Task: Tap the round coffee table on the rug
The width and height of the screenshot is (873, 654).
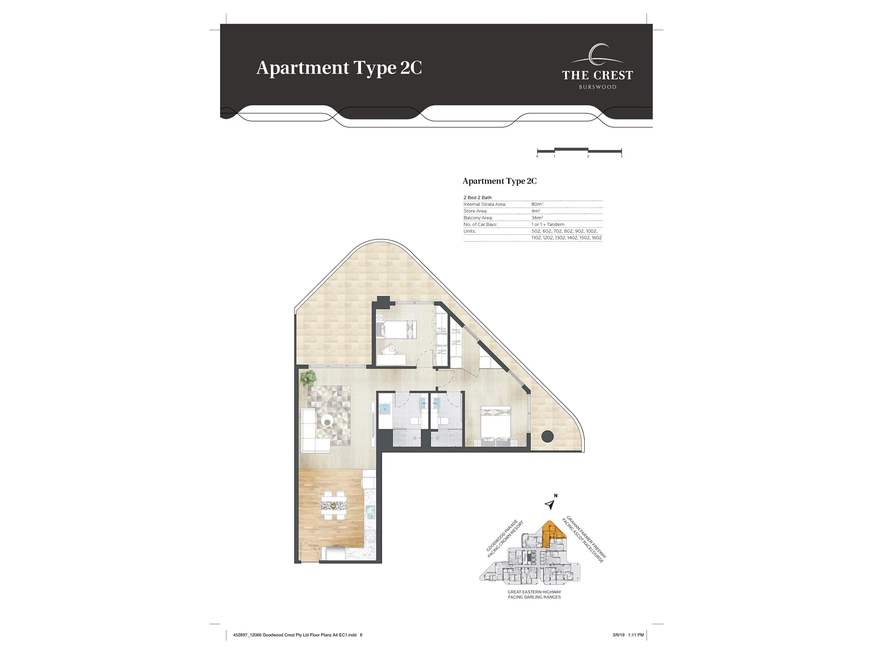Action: click(x=327, y=421)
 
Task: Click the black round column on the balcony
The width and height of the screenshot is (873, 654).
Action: click(x=547, y=436)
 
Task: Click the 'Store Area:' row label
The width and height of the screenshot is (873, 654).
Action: click(x=475, y=211)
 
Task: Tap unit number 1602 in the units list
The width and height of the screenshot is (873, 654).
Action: click(x=597, y=238)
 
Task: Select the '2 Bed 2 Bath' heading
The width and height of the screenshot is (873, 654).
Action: click(x=477, y=198)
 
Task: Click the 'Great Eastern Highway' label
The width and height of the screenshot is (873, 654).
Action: click(x=534, y=592)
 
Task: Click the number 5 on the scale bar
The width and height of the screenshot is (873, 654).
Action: click(x=622, y=157)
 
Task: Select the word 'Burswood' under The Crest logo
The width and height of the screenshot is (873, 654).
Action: click(x=597, y=87)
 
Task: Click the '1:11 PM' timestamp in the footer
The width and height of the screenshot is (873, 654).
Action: click(x=636, y=635)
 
